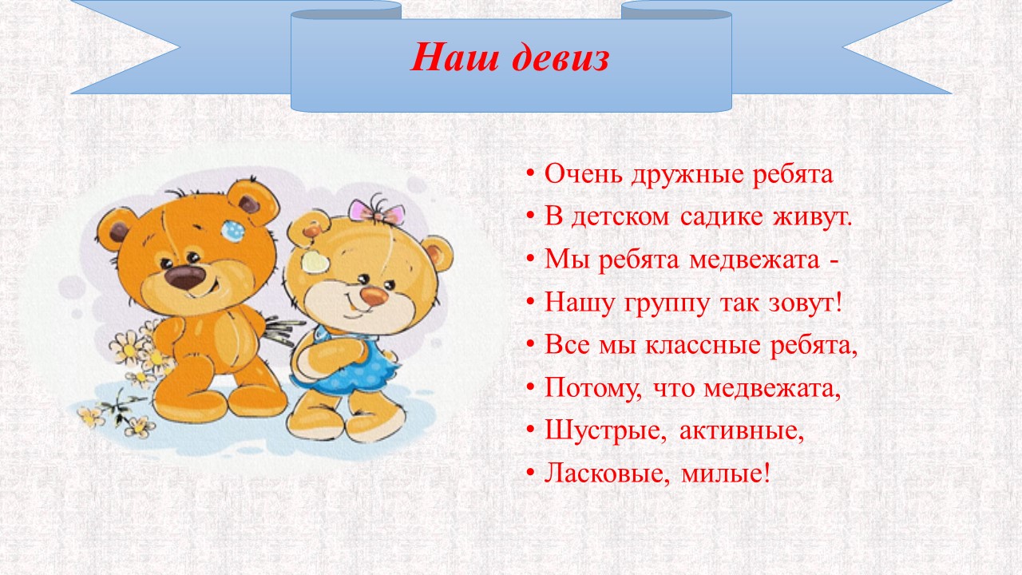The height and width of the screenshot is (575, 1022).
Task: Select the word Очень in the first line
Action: tap(584, 174)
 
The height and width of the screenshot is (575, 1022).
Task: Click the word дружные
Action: tap(688, 175)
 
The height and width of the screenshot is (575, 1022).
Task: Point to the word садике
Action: tap(721, 217)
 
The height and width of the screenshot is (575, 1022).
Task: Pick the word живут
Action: tap(813, 217)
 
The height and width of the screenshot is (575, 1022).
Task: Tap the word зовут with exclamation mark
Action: tap(806, 303)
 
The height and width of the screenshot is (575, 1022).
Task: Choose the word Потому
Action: tap(593, 389)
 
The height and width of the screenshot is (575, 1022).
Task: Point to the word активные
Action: tap(742, 430)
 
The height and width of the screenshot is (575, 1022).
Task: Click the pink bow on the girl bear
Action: tap(376, 212)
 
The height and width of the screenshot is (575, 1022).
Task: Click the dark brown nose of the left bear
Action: tap(185, 276)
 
